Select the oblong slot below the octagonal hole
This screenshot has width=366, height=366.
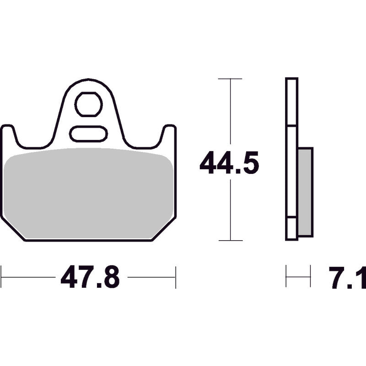click(x=88, y=134)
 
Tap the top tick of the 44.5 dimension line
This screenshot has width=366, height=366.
click(x=230, y=79)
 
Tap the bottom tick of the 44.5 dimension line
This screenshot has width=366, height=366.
click(x=230, y=240)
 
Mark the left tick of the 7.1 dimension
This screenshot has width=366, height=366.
click(x=286, y=276)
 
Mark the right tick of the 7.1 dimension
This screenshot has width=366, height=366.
click(x=310, y=276)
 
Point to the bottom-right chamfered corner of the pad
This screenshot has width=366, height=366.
click(x=164, y=229)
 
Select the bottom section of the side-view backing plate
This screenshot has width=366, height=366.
click(x=291, y=229)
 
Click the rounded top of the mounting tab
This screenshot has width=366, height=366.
click(x=88, y=83)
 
